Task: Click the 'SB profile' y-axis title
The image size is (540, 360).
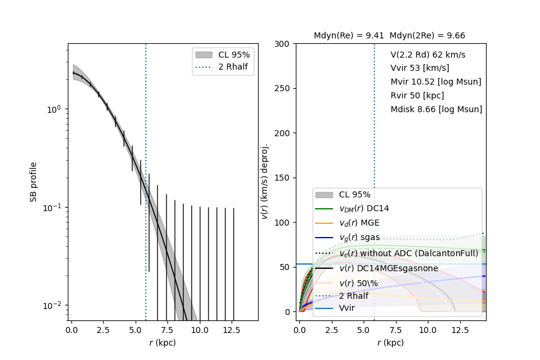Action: click(x=34, y=181)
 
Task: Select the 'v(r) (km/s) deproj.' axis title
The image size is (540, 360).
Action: click(x=265, y=181)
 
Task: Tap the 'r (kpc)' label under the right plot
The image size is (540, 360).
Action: click(x=391, y=343)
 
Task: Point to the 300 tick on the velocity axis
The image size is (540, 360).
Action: click(x=282, y=44)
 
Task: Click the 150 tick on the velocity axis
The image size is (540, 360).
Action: click(x=282, y=178)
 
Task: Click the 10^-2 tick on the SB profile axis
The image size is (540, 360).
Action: click(x=53, y=305)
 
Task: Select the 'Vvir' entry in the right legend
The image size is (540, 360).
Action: click(x=347, y=308)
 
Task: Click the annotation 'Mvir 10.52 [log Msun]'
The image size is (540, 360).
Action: click(x=436, y=82)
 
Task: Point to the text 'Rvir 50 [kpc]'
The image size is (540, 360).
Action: click(x=417, y=95)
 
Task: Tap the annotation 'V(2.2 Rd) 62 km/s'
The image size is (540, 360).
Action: click(x=428, y=55)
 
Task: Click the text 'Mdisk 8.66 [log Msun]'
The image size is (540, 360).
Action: click(x=436, y=109)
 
